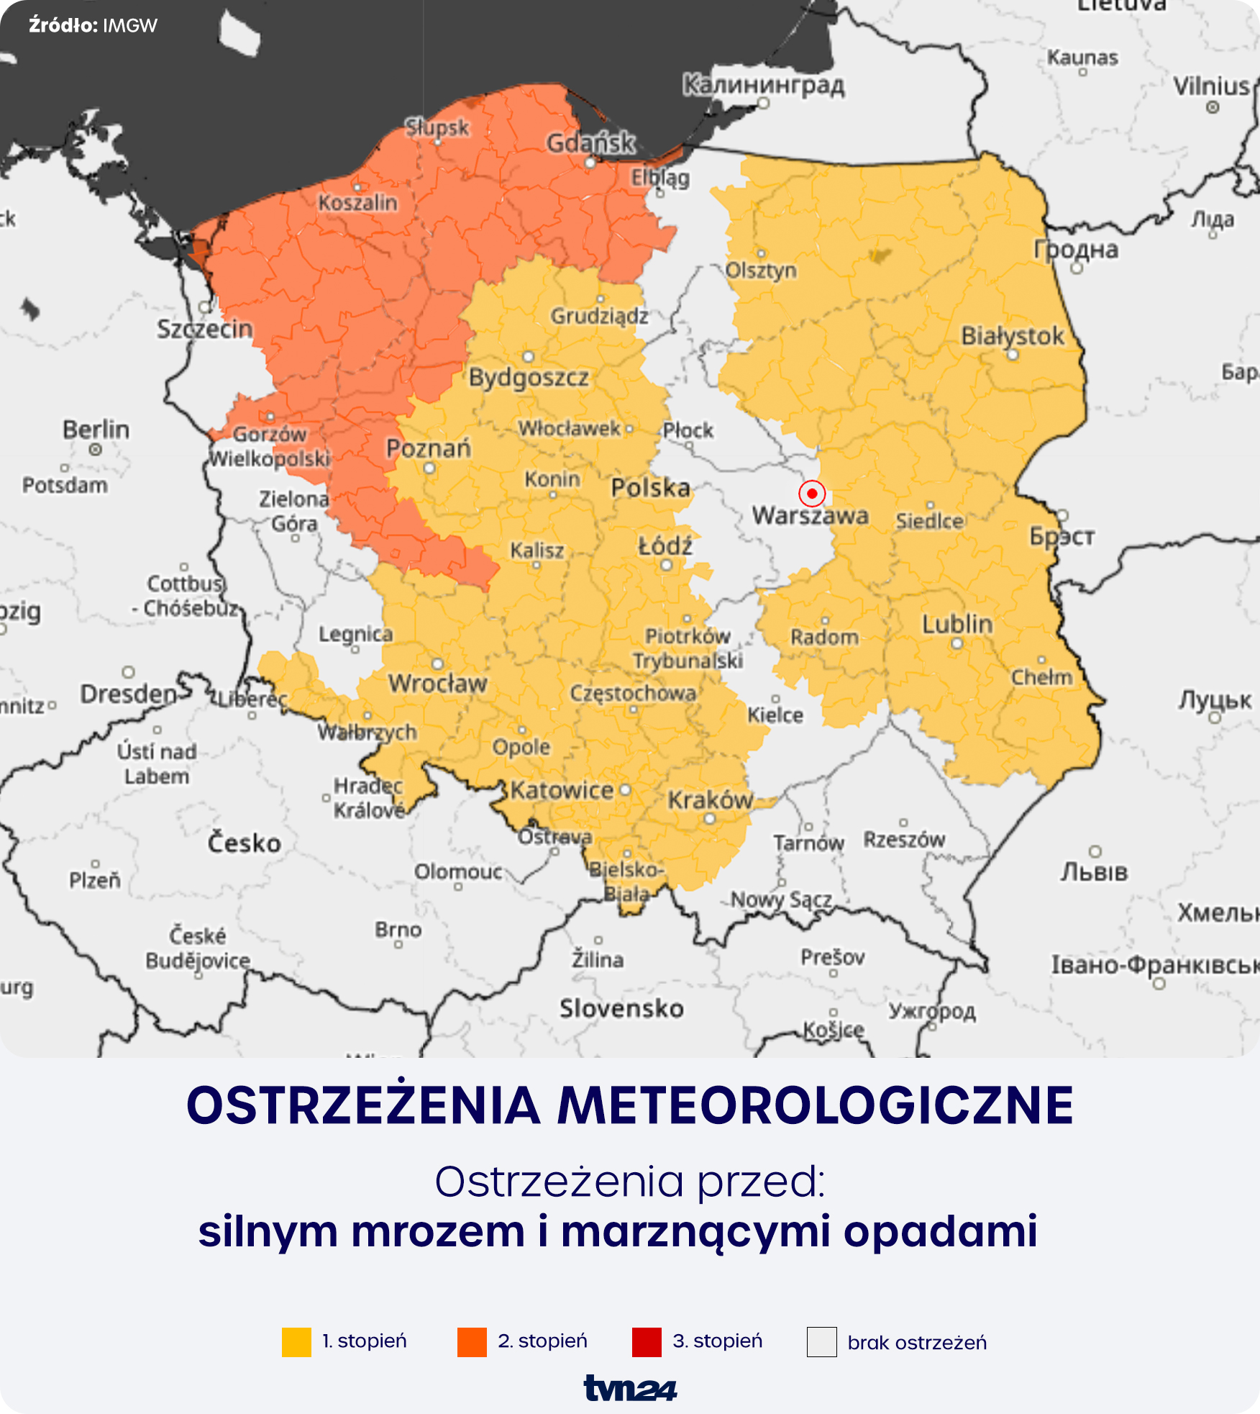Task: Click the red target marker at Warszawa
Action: pos(812,494)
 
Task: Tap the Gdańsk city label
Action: pos(590,143)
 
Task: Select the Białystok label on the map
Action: pos(1012,336)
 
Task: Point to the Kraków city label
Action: pos(710,800)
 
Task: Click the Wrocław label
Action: pos(438,683)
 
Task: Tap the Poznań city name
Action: pos(429,448)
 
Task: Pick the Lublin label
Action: pos(957,624)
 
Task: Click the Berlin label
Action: pos(96,430)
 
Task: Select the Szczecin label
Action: pos(205,329)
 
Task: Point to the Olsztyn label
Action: pos(761,271)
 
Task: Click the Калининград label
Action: pos(763,85)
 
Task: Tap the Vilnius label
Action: pos(1212,86)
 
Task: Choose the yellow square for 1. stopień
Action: pos(296,1342)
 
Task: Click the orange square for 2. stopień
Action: pos(472,1342)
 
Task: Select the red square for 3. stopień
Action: pos(647,1342)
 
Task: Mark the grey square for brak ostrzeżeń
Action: pos(821,1342)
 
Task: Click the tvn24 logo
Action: pos(630,1388)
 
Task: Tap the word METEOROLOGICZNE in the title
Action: pos(816,1106)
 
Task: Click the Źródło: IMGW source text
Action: pos(93,26)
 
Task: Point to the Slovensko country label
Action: pos(621,1009)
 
